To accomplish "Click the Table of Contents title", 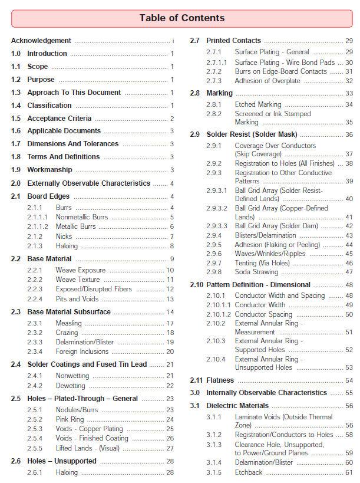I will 181,18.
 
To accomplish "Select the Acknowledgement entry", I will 41,41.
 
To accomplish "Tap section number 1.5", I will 16,119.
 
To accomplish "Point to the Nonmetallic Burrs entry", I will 82,217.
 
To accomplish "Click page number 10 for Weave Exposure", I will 170,270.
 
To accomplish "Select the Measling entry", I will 69,323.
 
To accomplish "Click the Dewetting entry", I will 71,386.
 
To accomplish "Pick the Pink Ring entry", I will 70,419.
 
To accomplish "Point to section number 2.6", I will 16,461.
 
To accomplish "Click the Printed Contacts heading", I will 233,41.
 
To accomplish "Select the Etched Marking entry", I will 258,104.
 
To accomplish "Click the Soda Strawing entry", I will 256,272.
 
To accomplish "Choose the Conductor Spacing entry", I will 263,314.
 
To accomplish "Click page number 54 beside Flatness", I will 349,380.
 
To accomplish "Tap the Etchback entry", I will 249,472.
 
